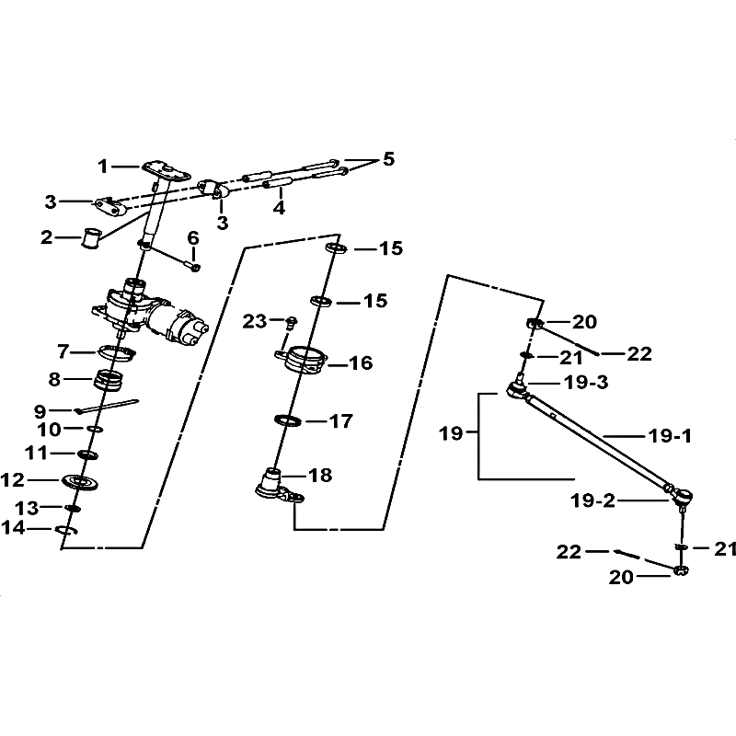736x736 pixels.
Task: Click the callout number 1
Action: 104,167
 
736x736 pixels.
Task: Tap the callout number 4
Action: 278,208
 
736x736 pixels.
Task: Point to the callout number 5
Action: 388,159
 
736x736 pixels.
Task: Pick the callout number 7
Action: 63,351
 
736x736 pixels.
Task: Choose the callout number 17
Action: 340,421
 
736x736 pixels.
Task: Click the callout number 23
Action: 255,321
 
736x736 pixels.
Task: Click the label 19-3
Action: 576,382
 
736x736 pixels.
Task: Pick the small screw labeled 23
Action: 292,322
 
